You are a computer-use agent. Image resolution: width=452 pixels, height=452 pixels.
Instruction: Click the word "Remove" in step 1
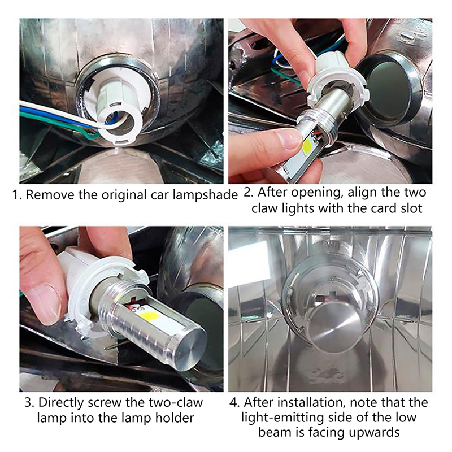[x=50, y=195]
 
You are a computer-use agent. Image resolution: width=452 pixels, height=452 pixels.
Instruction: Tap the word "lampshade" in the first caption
[x=205, y=195]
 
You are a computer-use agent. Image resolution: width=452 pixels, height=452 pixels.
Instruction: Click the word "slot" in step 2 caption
[x=410, y=208]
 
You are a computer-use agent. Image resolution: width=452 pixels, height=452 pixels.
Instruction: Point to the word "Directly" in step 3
[x=61, y=403]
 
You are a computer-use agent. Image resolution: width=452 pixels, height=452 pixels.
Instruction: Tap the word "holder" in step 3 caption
[x=175, y=418]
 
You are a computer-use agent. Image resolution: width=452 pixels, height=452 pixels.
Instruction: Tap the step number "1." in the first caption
[x=17, y=195]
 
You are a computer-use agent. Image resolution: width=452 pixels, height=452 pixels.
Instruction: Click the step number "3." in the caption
[x=29, y=403]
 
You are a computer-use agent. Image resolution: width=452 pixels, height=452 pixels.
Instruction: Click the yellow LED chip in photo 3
[x=150, y=317]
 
